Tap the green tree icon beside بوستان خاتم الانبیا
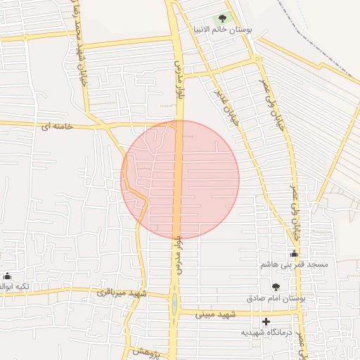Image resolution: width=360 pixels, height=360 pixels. pos(223,18)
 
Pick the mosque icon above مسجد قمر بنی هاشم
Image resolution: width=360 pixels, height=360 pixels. pos(294,253)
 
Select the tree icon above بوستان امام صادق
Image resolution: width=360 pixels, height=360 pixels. pos(276,286)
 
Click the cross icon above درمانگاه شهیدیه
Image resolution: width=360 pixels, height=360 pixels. pos(266,321)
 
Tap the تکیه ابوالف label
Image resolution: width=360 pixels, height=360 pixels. pos(8,286)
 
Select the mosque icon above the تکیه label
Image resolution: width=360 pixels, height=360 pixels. pos(8,276)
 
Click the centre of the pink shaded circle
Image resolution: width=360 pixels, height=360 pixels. pos(180,179)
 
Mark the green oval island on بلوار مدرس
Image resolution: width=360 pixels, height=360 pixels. pos(174,305)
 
